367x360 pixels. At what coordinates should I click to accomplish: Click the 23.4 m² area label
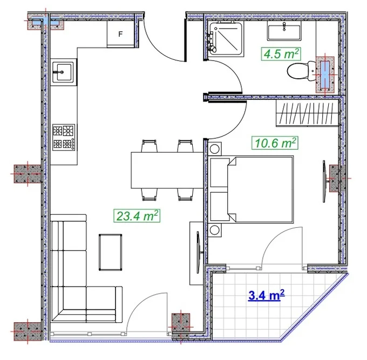[137, 215]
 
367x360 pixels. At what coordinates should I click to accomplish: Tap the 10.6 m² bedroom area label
[275, 142]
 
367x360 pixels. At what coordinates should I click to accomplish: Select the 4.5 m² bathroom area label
[281, 54]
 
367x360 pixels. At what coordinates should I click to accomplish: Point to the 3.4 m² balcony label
[267, 295]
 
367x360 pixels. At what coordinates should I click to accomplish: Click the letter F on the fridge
[120, 34]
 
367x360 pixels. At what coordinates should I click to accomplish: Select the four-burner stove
[64, 137]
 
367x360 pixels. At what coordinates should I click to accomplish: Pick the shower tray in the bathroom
[226, 39]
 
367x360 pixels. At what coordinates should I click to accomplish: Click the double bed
[252, 189]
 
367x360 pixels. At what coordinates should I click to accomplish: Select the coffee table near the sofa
[110, 252]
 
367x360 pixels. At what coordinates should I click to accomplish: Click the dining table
[167, 170]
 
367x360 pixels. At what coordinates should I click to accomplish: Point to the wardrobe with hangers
[308, 113]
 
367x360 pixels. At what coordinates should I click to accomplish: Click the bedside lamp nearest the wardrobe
[215, 148]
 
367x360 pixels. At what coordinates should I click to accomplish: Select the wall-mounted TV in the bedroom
[324, 181]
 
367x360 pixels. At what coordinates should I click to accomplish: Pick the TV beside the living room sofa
[199, 252]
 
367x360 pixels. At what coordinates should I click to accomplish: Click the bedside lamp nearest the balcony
[215, 230]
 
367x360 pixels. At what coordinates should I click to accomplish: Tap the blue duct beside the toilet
[325, 74]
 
